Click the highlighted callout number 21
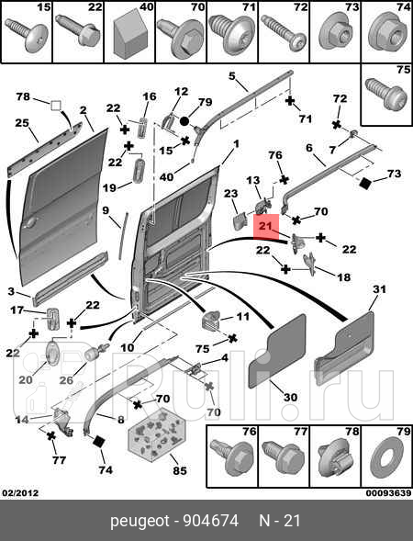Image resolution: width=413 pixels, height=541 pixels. click(x=266, y=226)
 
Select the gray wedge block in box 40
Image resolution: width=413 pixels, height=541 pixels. click(x=129, y=36)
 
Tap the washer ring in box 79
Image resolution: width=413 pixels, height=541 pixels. click(x=387, y=459)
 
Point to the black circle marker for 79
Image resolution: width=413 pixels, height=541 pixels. click(x=184, y=121)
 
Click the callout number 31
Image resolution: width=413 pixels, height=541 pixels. click(x=379, y=289)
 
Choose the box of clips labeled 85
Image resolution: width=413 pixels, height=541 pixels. click(x=157, y=434)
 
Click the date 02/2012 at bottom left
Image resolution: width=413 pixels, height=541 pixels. click(x=21, y=493)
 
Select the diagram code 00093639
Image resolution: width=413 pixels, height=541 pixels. click(x=388, y=493)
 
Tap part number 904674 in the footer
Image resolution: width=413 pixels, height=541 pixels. click(x=211, y=521)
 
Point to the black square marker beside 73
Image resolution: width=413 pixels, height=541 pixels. click(x=364, y=184)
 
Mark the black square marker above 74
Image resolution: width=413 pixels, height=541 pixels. click(x=99, y=442)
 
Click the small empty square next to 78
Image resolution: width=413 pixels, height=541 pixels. click(x=56, y=106)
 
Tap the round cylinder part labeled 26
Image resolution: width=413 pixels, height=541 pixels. click(x=93, y=355)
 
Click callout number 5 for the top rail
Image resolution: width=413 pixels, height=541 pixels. click(x=231, y=75)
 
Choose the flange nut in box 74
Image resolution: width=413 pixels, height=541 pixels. click(x=386, y=36)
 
